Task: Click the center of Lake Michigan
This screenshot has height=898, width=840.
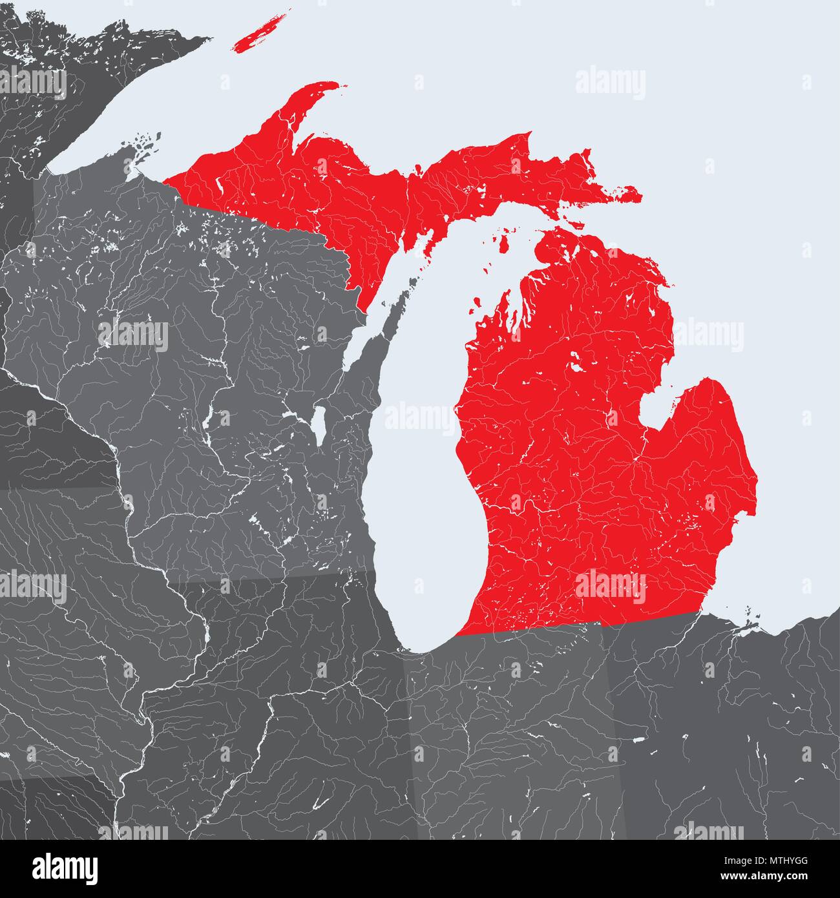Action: click(x=420, y=465)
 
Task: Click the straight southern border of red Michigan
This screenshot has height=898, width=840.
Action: click(x=582, y=625)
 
